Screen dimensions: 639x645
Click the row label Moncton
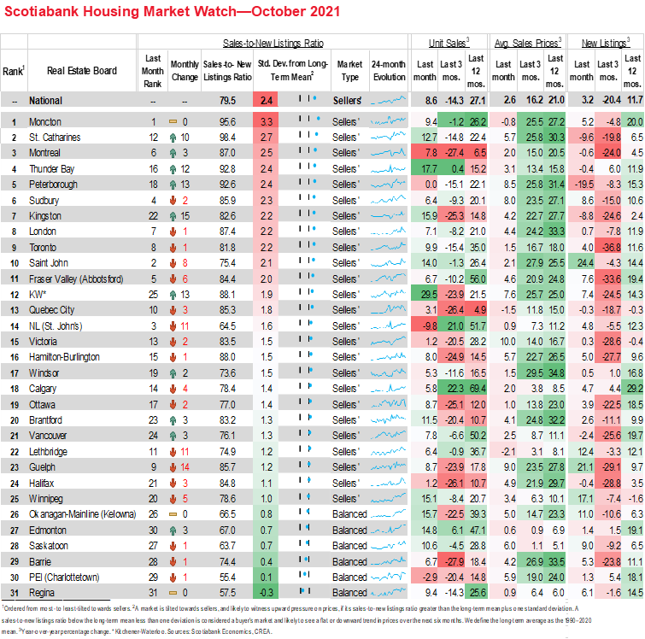pyautogui.click(x=45, y=122)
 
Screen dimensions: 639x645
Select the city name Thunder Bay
pyautogui.click(x=53, y=169)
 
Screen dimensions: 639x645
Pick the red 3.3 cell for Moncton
pyautogui.click(x=267, y=122)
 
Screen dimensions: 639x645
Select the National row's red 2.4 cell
pyautogui.click(x=267, y=101)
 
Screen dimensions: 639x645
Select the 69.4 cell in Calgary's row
pyautogui.click(x=477, y=390)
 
